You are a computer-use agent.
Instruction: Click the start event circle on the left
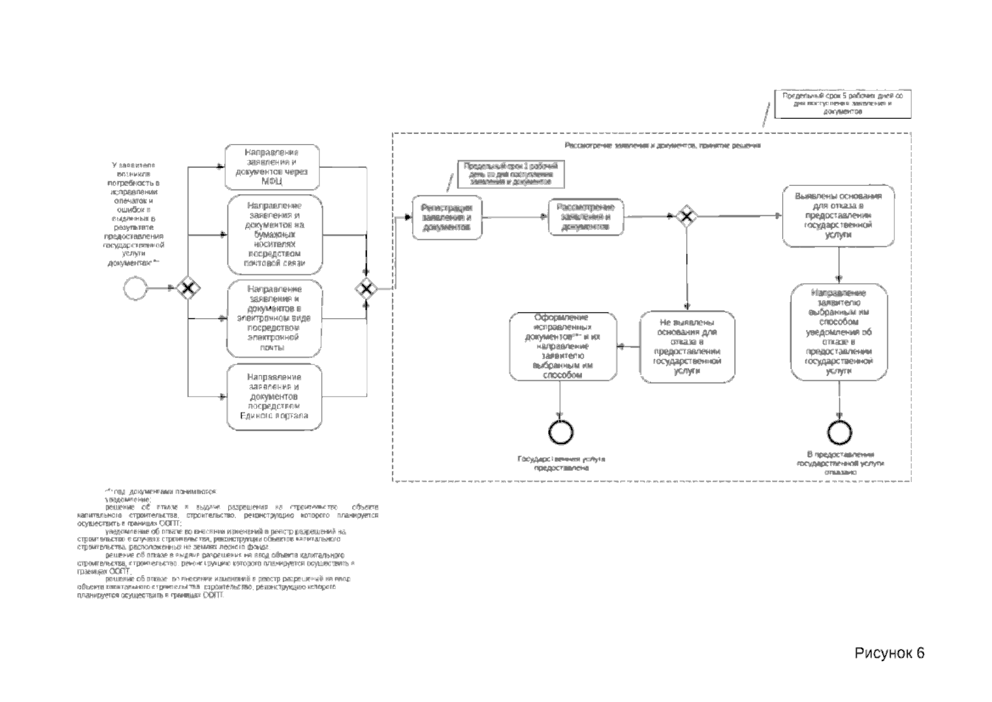tap(135, 288)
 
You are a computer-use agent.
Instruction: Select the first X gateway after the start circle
tap(188, 288)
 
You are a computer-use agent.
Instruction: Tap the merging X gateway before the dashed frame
tap(366, 288)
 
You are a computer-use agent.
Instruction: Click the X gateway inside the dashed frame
tap(687, 216)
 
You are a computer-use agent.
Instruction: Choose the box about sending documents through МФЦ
tap(273, 167)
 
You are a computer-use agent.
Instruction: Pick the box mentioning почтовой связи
tap(275, 235)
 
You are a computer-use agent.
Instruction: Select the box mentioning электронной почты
tap(274, 319)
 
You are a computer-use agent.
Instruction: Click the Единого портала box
tap(274, 397)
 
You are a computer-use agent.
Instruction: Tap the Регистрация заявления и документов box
tap(447, 218)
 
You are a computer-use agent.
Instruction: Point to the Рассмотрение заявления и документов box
tap(585, 217)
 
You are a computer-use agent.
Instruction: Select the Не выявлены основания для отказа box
tap(687, 346)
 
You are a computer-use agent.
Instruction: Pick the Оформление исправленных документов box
tap(563, 347)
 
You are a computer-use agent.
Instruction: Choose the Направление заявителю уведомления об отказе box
tap(839, 332)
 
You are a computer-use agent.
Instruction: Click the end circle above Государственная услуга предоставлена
tap(561, 433)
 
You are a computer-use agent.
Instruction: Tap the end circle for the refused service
tap(839, 433)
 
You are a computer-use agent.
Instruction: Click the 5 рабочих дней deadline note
tap(842, 104)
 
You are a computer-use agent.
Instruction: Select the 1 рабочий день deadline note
tap(511, 174)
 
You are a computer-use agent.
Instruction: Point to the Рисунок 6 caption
tap(890, 653)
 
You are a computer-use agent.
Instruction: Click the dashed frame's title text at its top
tap(662, 145)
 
